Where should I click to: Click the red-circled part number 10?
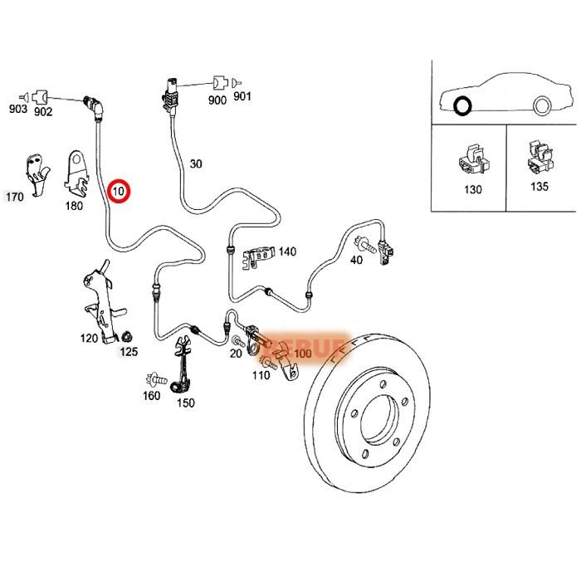click(x=120, y=191)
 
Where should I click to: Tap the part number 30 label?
click(x=196, y=164)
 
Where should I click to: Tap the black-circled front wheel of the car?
click(x=462, y=106)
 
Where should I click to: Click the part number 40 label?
click(x=356, y=260)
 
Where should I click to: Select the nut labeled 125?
click(x=127, y=337)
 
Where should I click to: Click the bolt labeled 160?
click(x=154, y=378)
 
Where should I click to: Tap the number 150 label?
click(x=185, y=403)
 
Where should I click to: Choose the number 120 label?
click(x=89, y=339)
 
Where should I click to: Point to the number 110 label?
click(x=261, y=375)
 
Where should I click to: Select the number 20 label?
click(x=236, y=354)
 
